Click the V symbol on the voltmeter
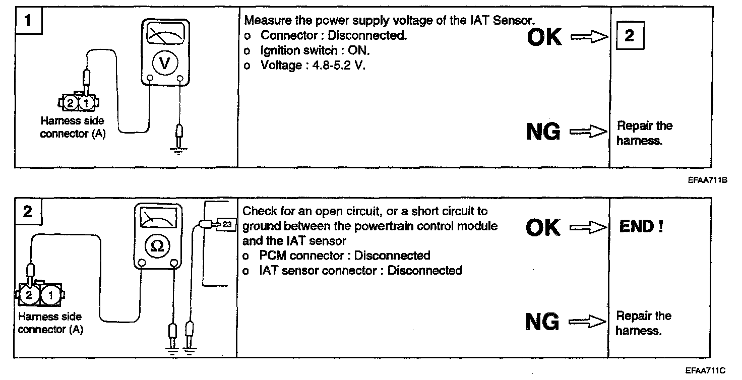(165, 62)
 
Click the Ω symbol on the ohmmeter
(157, 245)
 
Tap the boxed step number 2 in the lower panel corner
(28, 212)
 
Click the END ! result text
(641, 227)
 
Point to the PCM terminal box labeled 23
(226, 225)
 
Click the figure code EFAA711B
(707, 179)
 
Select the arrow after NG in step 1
(588, 132)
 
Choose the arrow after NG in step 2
(587, 321)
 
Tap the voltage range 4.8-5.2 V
(333, 65)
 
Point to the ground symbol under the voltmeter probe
(178, 150)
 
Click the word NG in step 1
(543, 132)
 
